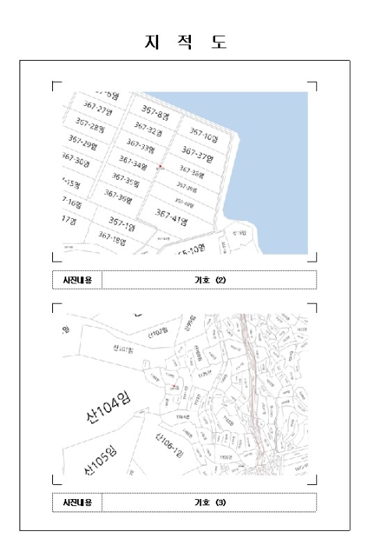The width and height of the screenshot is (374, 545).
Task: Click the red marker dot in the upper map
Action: click(159, 167)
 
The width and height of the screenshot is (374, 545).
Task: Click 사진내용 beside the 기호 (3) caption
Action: click(76, 502)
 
